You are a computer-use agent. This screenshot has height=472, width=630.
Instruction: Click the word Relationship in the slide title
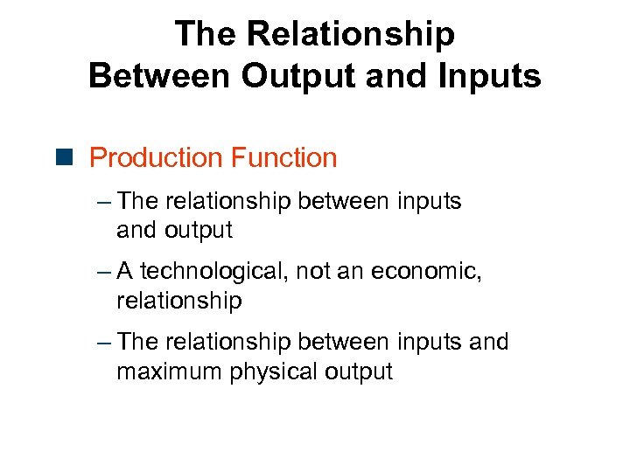[x=352, y=34]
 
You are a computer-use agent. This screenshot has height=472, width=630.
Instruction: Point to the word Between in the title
[x=160, y=75]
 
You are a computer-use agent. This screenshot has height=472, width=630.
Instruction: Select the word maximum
[x=169, y=371]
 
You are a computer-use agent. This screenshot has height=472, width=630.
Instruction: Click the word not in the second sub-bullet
[x=312, y=272]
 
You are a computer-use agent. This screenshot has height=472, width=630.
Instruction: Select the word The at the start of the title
[x=206, y=34]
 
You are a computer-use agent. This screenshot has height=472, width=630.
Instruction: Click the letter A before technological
[x=124, y=272]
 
